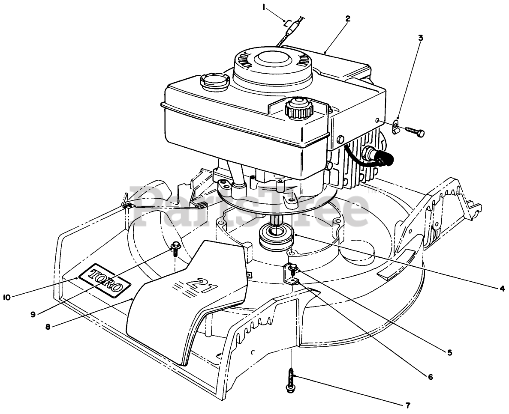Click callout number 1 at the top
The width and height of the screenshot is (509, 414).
pyautogui.click(x=264, y=6)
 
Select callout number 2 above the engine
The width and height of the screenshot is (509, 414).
pyautogui.click(x=348, y=18)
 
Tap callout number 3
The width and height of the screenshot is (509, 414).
pyautogui.click(x=420, y=38)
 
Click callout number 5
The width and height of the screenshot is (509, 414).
pyautogui.click(x=449, y=352)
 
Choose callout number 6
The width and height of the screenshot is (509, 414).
pyautogui.click(x=430, y=377)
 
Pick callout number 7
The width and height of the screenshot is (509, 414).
pyautogui.click(x=408, y=405)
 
